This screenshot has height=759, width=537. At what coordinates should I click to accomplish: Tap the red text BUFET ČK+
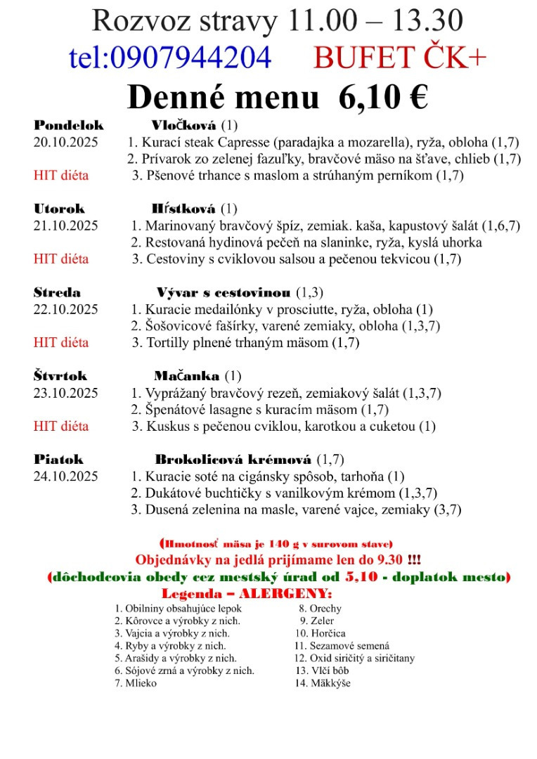tap(400, 58)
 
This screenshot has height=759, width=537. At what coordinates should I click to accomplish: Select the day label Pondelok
tap(69, 126)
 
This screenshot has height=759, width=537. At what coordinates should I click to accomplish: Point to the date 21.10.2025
tap(66, 226)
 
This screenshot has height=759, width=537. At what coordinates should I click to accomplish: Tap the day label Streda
tap(58, 292)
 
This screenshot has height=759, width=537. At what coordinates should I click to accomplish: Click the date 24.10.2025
tap(66, 476)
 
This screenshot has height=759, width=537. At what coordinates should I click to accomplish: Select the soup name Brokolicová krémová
tap(233, 460)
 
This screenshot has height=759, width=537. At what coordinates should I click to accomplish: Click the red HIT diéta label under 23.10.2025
tap(61, 426)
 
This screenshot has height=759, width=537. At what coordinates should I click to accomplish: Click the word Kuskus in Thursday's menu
tap(167, 426)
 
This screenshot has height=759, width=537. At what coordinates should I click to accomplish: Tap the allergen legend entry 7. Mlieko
tap(136, 683)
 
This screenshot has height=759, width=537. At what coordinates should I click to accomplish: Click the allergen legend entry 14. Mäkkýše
tap(323, 683)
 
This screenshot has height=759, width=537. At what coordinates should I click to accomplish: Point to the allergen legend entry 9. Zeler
tap(317, 621)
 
